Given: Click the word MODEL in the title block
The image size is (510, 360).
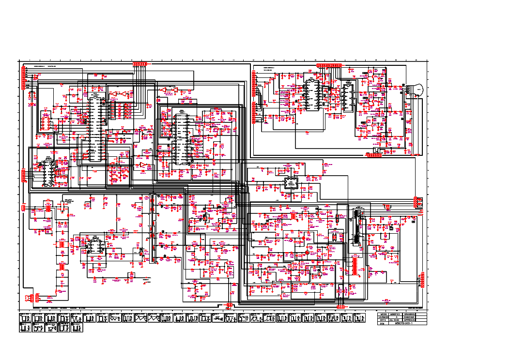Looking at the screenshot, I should coord(385,314).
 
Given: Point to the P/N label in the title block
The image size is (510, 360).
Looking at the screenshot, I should coord(382,323).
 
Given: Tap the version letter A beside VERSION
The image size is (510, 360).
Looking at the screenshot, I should coord(397,317).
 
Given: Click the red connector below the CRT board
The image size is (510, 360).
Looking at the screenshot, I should coord(374,155).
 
